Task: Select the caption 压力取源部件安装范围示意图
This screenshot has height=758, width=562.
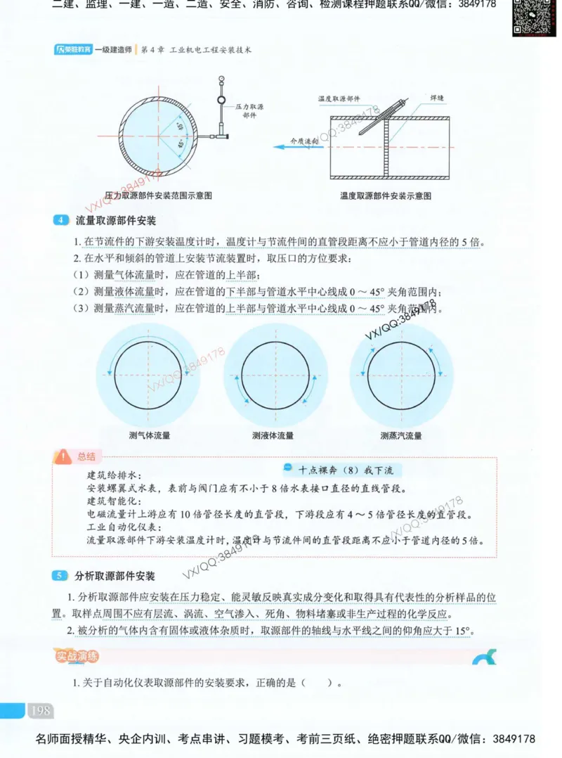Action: click(x=159, y=195)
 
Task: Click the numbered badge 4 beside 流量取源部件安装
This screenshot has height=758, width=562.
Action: click(x=60, y=221)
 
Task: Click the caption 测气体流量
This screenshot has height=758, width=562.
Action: click(x=150, y=435)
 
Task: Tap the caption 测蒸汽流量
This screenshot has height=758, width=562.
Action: click(x=401, y=435)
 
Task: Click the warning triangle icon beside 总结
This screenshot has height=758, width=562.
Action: click(x=64, y=456)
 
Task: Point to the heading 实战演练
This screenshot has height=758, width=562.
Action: click(x=77, y=657)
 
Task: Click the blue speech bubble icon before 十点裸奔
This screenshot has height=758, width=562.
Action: click(x=288, y=469)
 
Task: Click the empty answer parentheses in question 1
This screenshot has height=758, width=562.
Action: click(x=317, y=682)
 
